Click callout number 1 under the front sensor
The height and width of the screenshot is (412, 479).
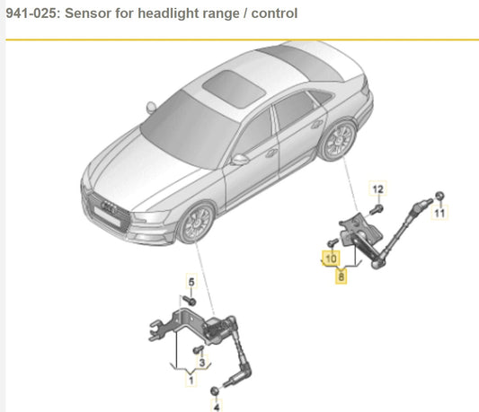190,381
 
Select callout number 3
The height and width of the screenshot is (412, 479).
202,362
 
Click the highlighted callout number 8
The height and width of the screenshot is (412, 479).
341,277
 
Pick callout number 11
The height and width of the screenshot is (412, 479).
440,215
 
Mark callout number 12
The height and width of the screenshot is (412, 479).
378,188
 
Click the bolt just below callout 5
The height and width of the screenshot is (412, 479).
190,301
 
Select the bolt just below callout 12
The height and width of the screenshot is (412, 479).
377,208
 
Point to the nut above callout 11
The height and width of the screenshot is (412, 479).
439,197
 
